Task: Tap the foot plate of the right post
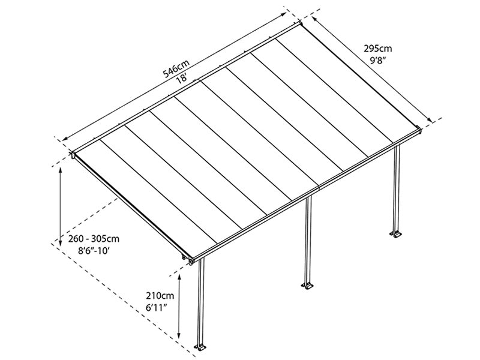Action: point(396,232)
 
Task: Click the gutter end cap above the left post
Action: point(191,262)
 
